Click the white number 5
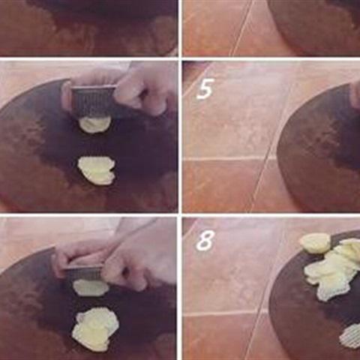[x=205, y=88]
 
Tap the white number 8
[x=205, y=240]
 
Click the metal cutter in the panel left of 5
[x=93, y=101]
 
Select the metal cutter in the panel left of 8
[x=84, y=273]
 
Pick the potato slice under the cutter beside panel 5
[x=94, y=125]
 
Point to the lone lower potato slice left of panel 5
[x=97, y=170]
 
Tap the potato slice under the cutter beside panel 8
[x=91, y=287]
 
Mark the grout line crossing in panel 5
[x=268, y=158]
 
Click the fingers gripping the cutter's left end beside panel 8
[x=65, y=262]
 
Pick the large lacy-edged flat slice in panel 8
[x=332, y=283]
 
